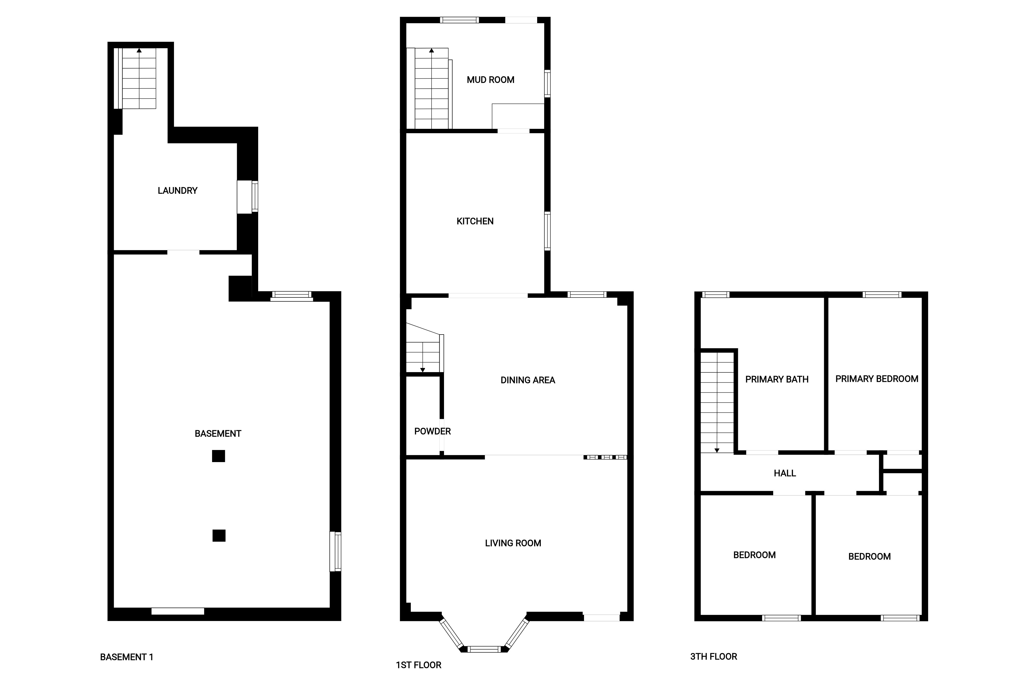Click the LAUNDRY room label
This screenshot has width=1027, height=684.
pyautogui.click(x=177, y=191)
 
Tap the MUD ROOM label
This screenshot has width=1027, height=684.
pyautogui.click(x=490, y=80)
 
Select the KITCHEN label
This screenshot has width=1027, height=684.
pyautogui.click(x=475, y=221)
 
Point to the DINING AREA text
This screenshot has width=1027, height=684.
pyautogui.click(x=527, y=380)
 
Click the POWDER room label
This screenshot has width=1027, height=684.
pyautogui.click(x=432, y=431)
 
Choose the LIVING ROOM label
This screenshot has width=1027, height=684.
pyautogui.click(x=513, y=543)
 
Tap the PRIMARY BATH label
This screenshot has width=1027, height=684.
pyautogui.click(x=777, y=380)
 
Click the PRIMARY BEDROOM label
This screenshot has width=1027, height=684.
pyautogui.click(x=877, y=379)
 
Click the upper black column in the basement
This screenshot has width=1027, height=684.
pyautogui.click(x=218, y=456)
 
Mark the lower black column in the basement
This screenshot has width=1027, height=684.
pyautogui.click(x=219, y=535)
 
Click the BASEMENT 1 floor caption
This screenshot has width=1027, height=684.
pyautogui.click(x=127, y=657)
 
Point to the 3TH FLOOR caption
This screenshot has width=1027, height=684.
pyautogui.click(x=713, y=656)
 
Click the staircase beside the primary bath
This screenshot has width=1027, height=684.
pyautogui.click(x=717, y=402)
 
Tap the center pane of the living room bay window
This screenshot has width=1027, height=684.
pyautogui.click(x=484, y=649)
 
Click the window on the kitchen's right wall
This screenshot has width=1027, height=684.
pyautogui.click(x=547, y=231)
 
